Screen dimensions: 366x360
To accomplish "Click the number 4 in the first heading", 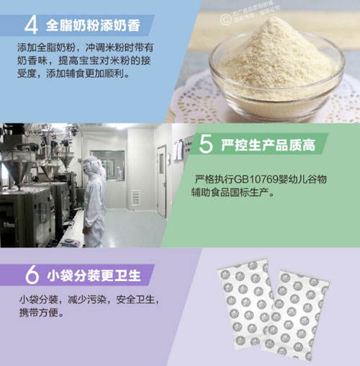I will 31,24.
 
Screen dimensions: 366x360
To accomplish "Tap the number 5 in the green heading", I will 206,146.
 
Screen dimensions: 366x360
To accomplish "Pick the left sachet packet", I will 245,303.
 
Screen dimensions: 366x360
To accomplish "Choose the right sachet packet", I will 299,317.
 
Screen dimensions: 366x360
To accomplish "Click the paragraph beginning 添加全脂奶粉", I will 86,61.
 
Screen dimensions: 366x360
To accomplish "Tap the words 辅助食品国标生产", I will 232,192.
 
